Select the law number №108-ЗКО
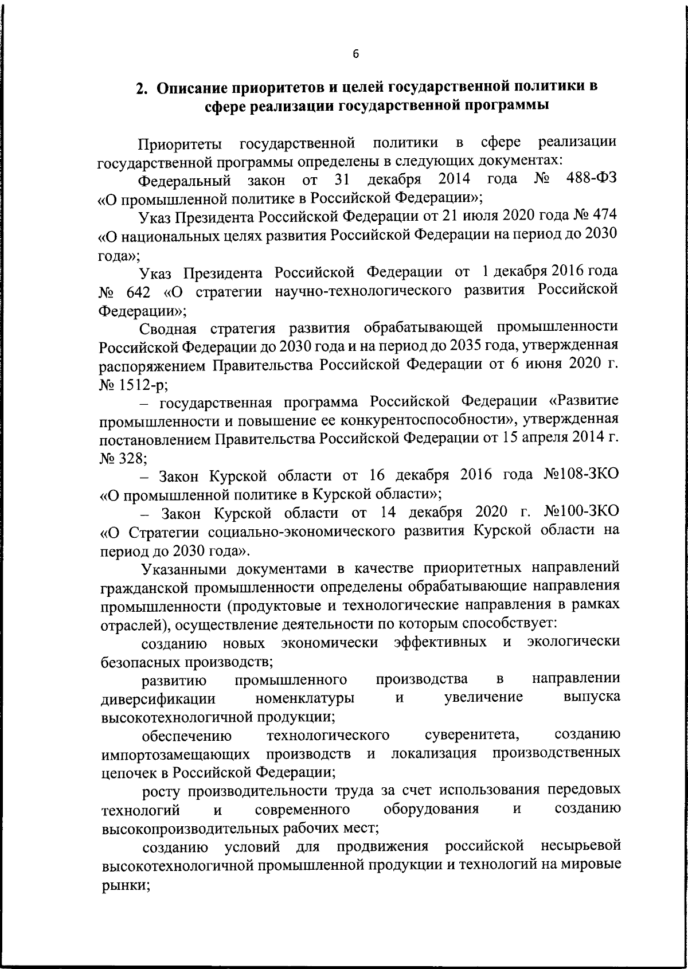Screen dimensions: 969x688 pos(580,475)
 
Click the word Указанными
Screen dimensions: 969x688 pos(189,568)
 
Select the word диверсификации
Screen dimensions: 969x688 pos(158,698)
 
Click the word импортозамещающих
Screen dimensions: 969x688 pos(175,753)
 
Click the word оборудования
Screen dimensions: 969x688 pos(431,809)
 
